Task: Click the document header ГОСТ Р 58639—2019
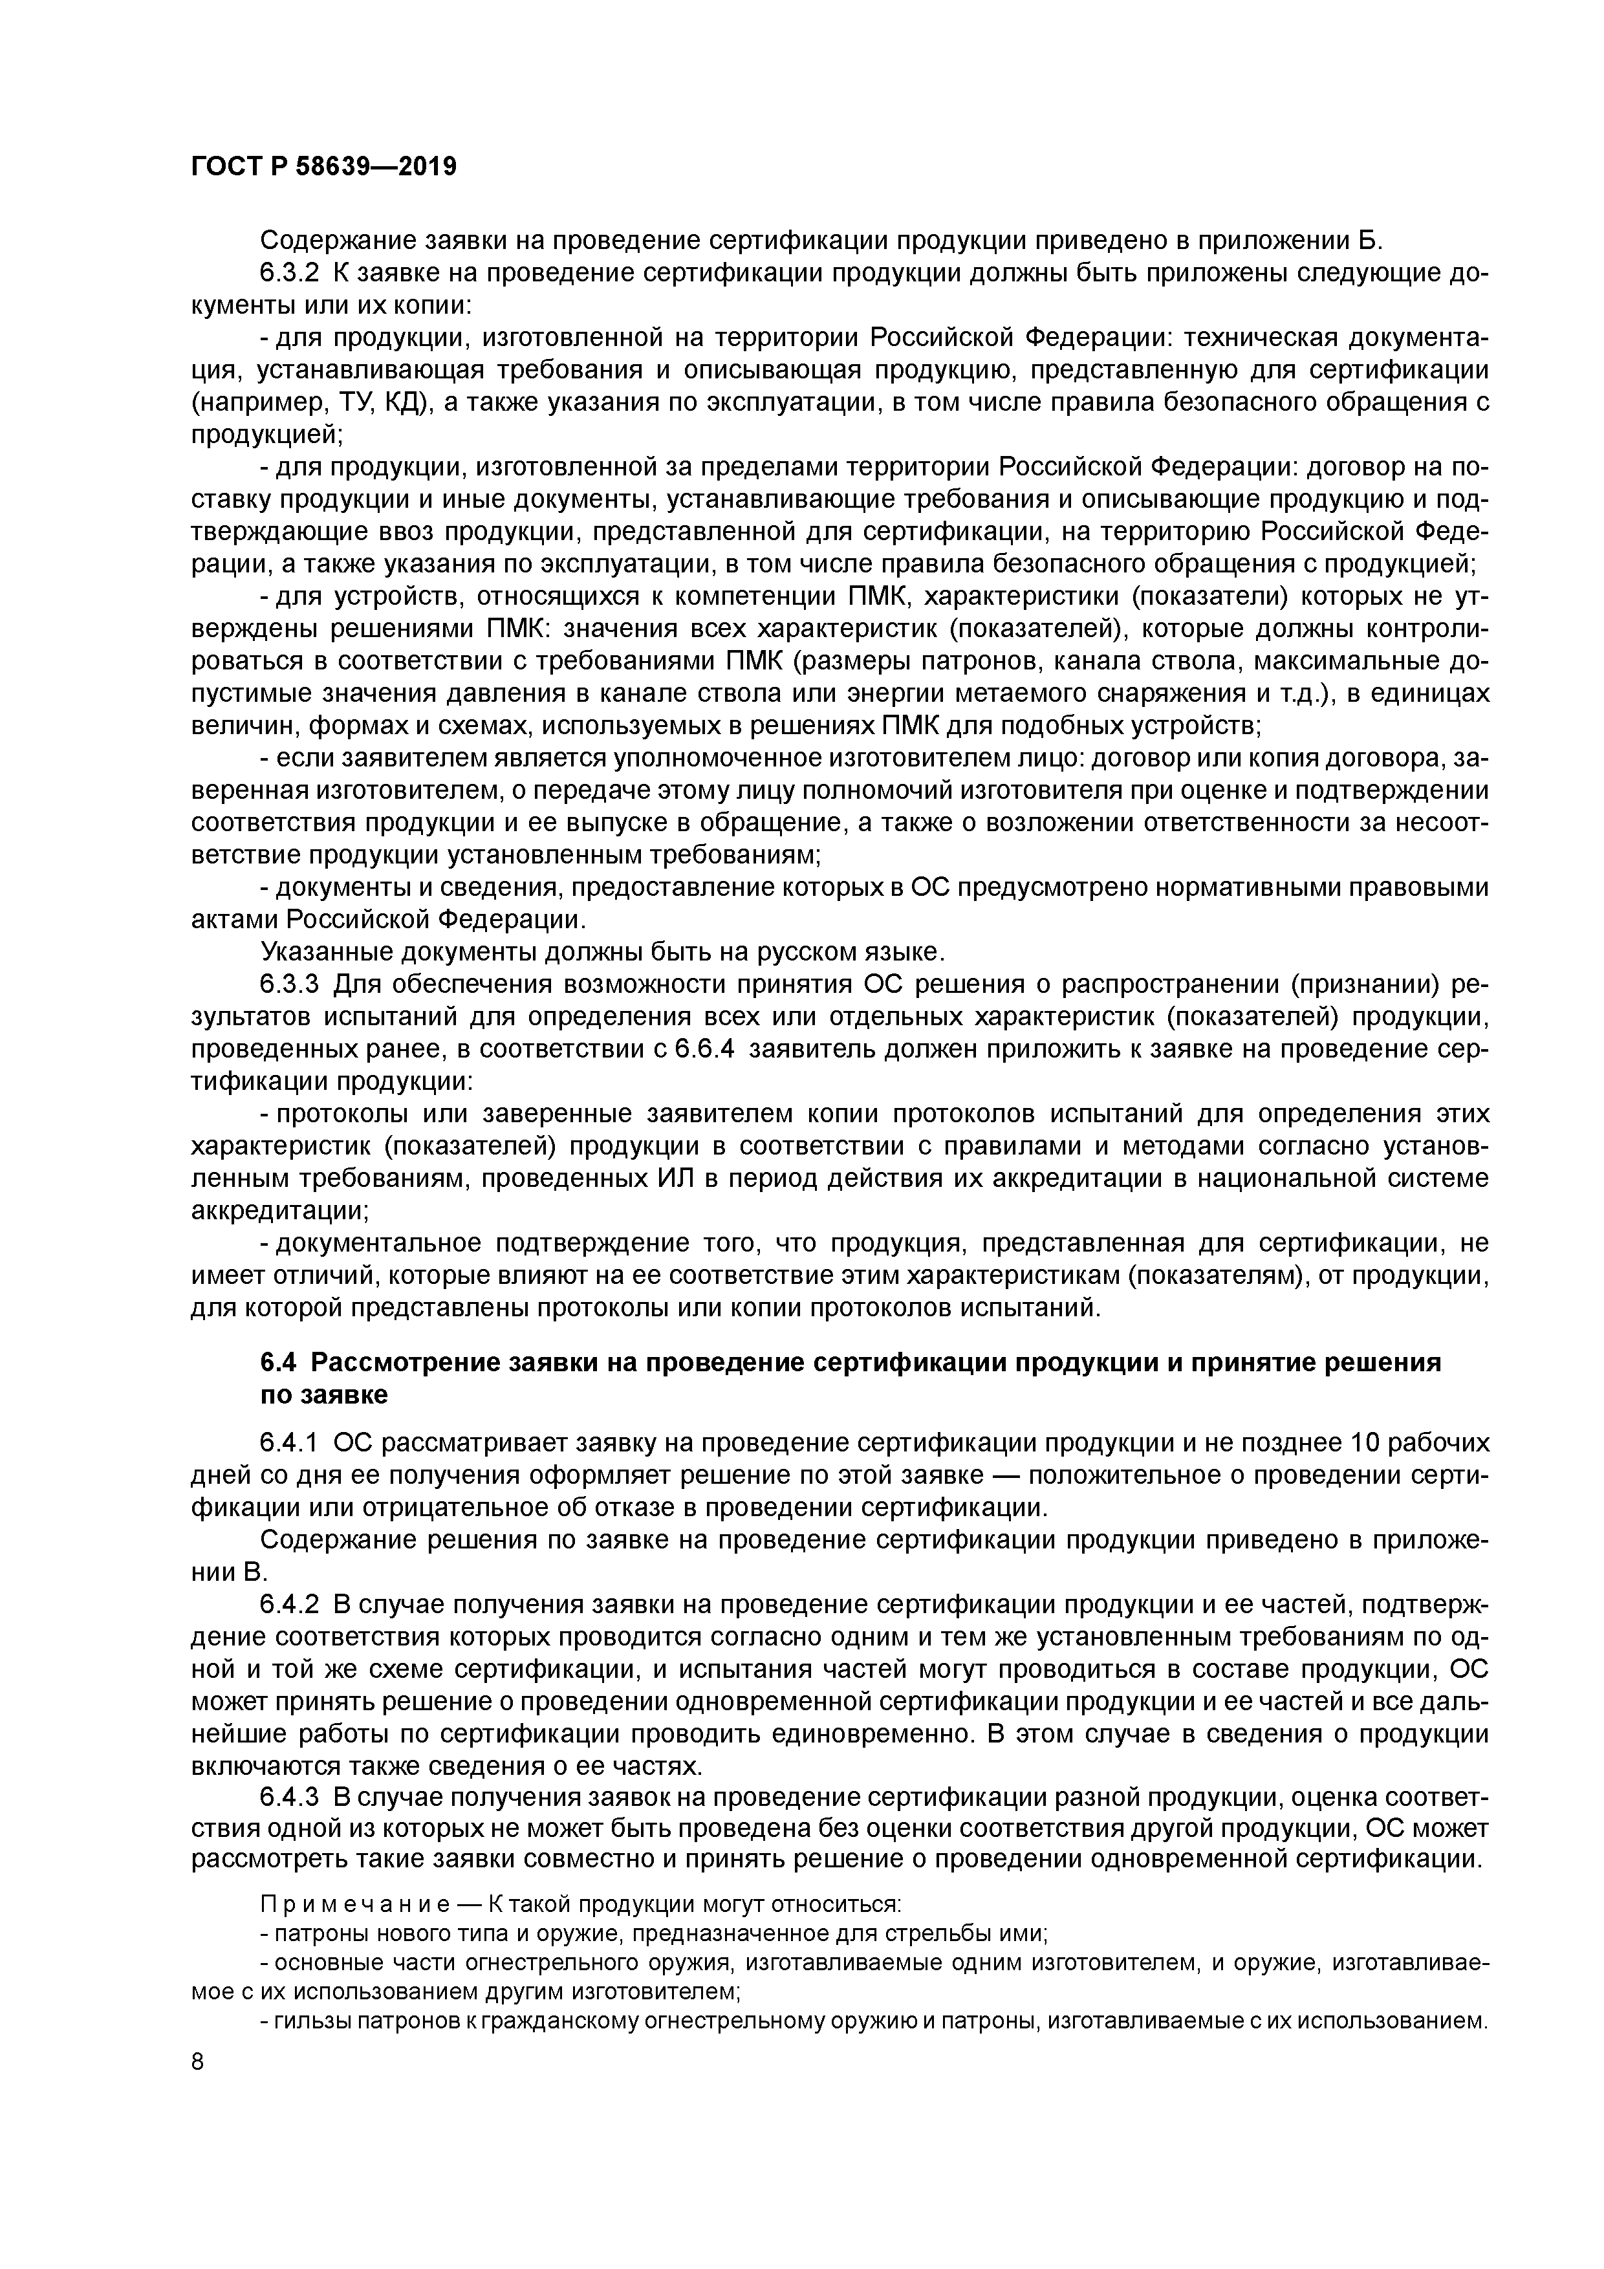click(x=323, y=166)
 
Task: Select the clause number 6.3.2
click(x=290, y=274)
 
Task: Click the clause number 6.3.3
click(x=290, y=984)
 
